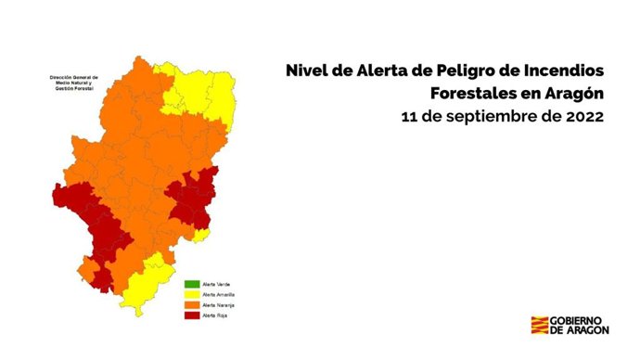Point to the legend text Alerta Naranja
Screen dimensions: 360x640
(219, 305)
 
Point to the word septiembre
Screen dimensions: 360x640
(493, 119)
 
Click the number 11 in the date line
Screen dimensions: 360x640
(410, 119)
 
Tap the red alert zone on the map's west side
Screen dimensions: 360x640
(94, 223)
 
